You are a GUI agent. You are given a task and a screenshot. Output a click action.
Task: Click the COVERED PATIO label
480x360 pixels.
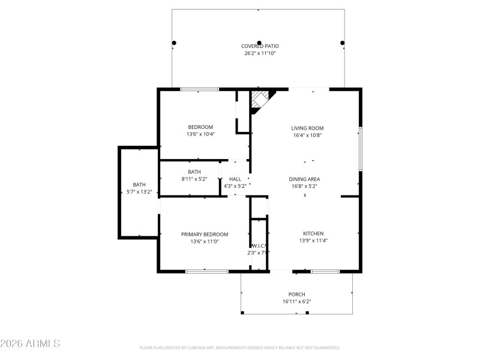260,46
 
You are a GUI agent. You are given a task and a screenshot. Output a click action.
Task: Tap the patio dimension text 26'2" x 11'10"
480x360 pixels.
260,53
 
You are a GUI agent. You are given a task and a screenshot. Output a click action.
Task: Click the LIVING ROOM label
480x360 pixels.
307,128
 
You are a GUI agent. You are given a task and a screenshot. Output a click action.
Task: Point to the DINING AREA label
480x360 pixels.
304,179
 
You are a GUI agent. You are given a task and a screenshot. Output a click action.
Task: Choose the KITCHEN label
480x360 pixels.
313,233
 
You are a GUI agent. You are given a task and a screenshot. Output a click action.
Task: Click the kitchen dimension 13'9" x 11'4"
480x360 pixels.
313,241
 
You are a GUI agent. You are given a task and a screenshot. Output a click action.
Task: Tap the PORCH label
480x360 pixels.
296,295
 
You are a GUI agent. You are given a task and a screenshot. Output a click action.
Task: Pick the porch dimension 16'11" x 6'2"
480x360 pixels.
296,302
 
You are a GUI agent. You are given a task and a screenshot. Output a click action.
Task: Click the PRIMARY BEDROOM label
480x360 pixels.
205,234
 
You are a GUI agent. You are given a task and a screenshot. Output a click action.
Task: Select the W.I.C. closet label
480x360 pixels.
259,245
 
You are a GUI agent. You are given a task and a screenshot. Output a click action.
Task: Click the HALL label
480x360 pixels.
235,179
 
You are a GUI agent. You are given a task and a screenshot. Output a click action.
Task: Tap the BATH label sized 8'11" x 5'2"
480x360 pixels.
194,172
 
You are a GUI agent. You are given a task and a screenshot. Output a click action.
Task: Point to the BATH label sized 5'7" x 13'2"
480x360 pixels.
139,185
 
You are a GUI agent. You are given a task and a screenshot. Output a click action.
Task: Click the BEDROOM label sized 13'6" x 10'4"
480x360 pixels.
200,127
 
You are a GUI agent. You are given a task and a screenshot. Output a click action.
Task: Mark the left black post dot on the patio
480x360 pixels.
174,43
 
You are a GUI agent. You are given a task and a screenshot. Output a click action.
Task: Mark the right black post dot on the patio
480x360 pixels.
343,43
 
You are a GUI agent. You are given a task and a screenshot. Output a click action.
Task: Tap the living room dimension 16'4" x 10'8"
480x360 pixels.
307,135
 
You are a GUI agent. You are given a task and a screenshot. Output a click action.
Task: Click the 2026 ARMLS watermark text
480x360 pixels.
30,344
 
